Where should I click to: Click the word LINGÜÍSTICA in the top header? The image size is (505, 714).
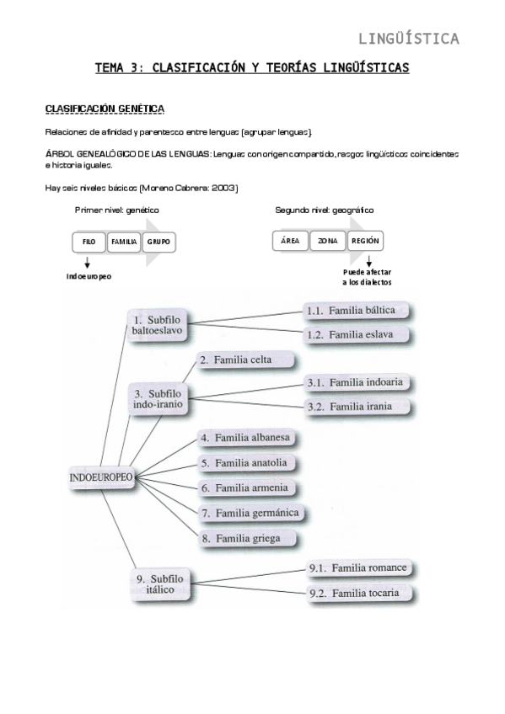409,38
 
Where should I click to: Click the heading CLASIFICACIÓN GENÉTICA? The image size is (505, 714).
104,109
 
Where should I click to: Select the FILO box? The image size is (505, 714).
89,242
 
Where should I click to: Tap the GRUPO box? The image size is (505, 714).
158,242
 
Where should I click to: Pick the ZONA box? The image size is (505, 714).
327,241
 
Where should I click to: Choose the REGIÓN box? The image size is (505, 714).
365,241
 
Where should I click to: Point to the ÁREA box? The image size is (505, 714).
290,241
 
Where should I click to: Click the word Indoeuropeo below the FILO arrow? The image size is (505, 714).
89,276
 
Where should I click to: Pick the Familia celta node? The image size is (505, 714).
244,360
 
